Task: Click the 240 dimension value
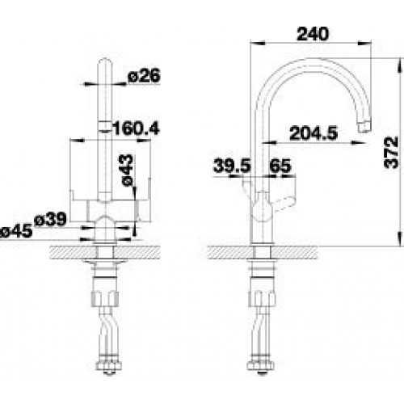313,34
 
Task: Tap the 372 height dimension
391,153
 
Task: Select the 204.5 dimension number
314,133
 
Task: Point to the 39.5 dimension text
232,166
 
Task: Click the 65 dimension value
280,166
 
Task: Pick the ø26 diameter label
145,75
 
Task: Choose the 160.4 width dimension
136,128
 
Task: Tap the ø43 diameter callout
127,170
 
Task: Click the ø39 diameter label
50,220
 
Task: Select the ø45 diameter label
16,231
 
